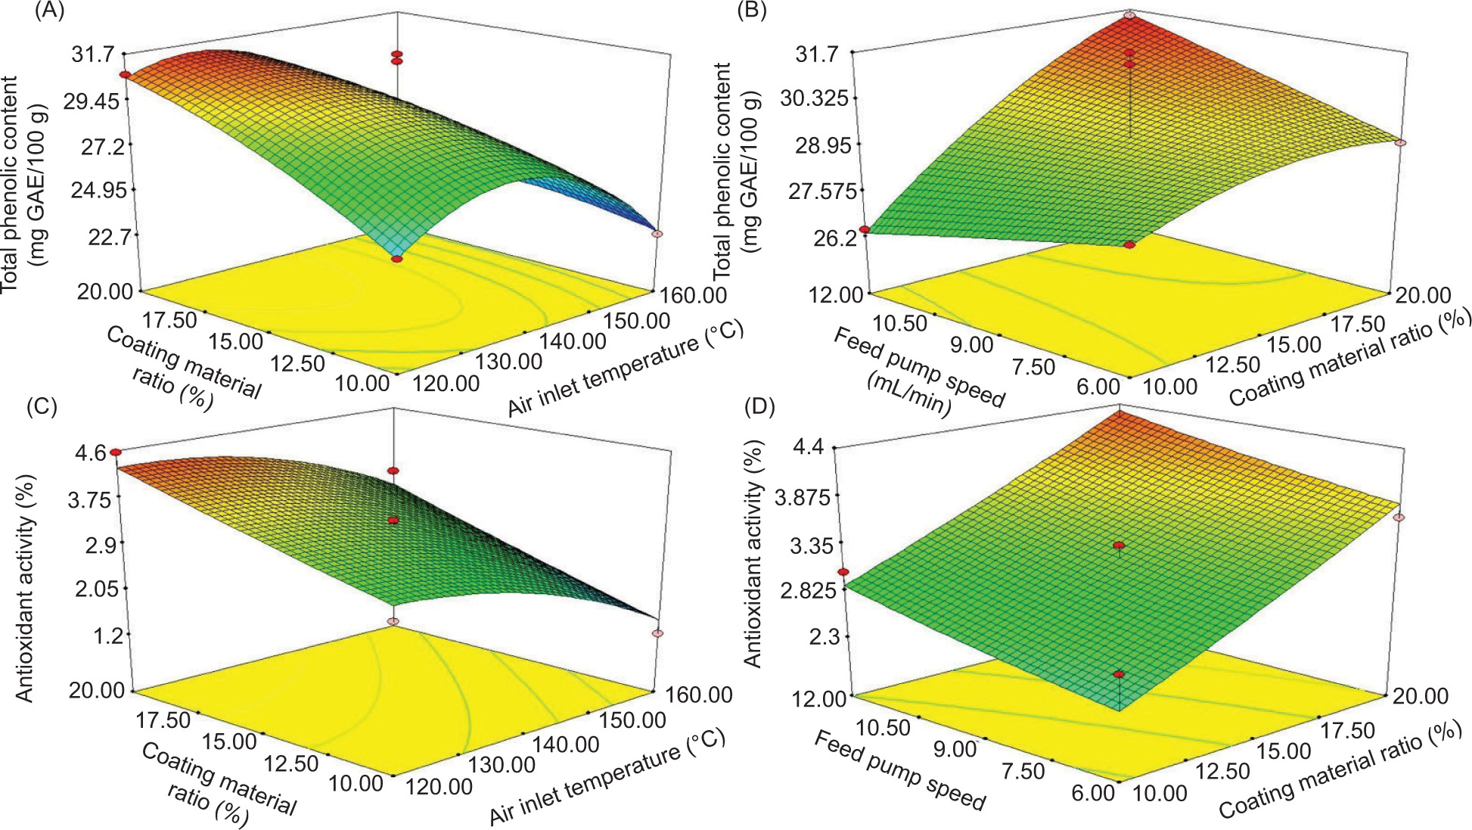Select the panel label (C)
pyautogui.click(x=42, y=406)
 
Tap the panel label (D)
pyautogui.click(x=759, y=406)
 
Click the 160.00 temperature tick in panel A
pyautogui.click(x=694, y=294)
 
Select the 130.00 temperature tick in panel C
pyautogui.click(x=502, y=764)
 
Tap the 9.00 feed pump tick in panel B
pyautogui.click(x=971, y=345)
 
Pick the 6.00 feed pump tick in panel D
pyautogui.click(x=1093, y=792)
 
